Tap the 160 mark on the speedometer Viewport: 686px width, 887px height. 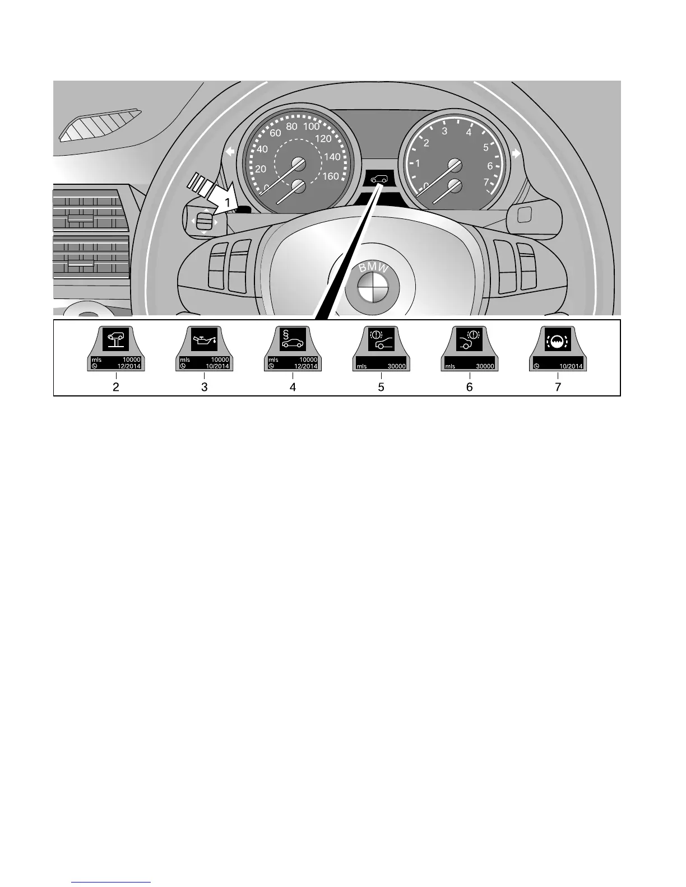(331, 176)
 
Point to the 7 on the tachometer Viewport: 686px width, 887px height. (486, 181)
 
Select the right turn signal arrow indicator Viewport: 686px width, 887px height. (516, 153)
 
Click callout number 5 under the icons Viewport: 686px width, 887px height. (381, 387)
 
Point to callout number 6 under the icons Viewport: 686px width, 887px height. (470, 387)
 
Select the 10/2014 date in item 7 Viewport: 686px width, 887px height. (571, 366)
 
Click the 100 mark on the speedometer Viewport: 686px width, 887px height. (311, 127)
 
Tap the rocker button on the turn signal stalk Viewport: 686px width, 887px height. (203, 220)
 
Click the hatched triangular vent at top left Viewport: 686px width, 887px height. (101, 124)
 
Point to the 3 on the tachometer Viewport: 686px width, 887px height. (444, 132)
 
